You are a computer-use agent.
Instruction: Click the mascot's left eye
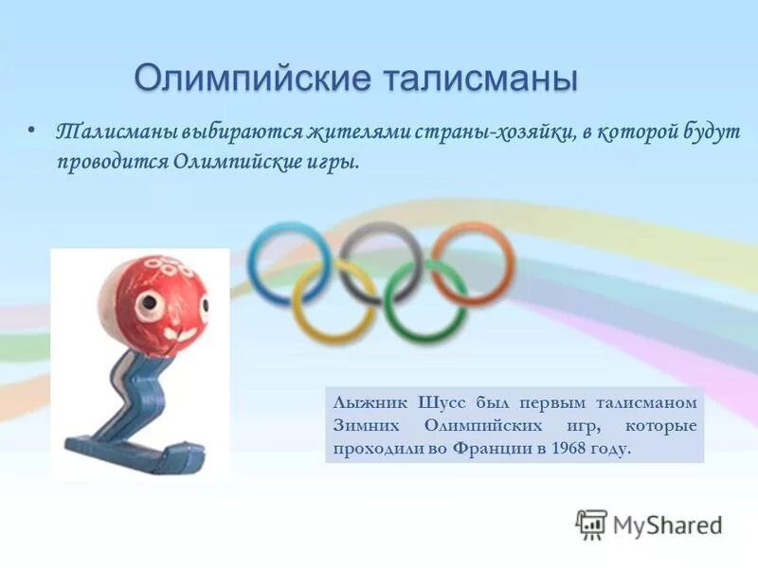pyautogui.click(x=151, y=304)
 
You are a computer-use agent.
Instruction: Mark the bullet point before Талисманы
pyautogui.click(x=33, y=131)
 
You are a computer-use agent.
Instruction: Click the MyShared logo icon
pyautogui.click(x=591, y=523)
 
